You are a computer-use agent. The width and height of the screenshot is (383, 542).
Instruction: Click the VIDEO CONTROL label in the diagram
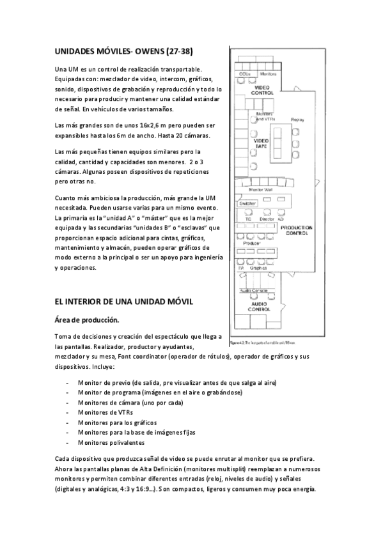(262, 90)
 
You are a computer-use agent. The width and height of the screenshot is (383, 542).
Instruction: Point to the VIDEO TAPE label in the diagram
(262, 143)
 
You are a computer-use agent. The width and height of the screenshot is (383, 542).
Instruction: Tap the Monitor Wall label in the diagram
(260, 190)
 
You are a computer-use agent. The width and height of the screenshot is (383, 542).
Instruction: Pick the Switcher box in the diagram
(249, 204)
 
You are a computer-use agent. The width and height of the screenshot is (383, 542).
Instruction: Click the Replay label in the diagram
(297, 120)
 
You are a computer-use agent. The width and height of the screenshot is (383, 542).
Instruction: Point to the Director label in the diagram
(267, 219)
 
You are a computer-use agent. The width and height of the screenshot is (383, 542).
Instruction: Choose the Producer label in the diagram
(252, 244)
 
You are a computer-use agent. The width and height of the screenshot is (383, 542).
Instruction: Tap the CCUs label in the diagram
(244, 74)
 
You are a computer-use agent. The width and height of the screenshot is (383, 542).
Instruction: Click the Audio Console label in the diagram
(254, 291)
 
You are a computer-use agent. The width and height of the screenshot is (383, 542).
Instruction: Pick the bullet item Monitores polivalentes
(111, 442)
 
